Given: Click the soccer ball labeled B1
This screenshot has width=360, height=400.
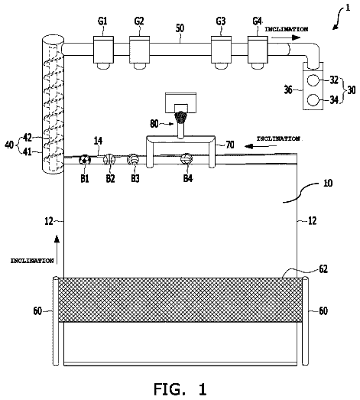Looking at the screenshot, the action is tap(85, 160).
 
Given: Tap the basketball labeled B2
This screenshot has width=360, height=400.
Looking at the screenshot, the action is tap(109, 159).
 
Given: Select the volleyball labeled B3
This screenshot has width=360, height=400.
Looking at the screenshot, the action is tap(133, 159).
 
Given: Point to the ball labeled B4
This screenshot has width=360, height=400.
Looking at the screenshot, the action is tap(186, 159).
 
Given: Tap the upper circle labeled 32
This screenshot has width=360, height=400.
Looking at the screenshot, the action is tap(313, 80).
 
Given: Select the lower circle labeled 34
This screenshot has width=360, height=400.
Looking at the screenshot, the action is tap(313, 100).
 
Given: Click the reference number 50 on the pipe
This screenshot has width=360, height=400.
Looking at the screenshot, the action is tap(180, 28).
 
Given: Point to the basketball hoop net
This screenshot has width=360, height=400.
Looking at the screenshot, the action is tap(181, 118).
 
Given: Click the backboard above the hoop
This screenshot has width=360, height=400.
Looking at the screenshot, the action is tap(181, 102).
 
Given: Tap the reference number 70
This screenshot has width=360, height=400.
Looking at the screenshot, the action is tap(230, 145).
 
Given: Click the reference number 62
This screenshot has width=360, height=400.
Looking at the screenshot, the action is tap(323, 269).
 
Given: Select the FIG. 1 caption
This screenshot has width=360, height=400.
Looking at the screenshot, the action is tap(180, 389).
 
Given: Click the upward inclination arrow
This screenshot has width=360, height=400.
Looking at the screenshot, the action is tap(57, 249).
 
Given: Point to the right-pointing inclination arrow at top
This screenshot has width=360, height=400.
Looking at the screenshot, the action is tap(286, 37).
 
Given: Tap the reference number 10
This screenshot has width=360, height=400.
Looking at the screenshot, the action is tap(328, 183).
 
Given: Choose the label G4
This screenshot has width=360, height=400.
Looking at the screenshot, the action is tap(257, 21).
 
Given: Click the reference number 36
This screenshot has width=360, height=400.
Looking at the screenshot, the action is tap(288, 89).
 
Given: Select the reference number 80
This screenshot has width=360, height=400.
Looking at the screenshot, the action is tap(154, 124).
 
